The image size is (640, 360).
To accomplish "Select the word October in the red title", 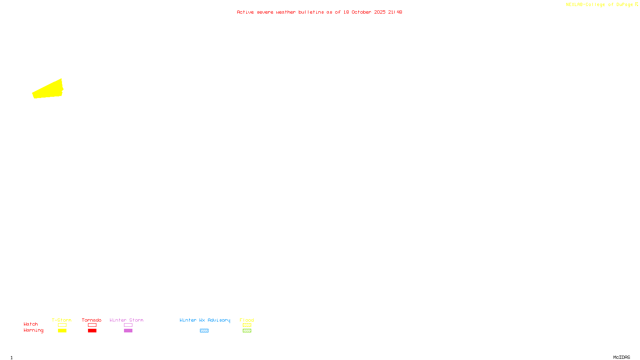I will [361, 12].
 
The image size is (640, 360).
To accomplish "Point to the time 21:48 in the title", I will [395, 12].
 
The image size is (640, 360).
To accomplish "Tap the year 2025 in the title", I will [380, 12].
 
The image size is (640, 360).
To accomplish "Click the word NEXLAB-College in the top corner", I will [585, 5].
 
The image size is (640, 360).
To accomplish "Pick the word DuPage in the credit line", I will [624, 5].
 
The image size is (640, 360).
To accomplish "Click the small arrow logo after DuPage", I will [636, 4].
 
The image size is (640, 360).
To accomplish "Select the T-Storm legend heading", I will [62, 320].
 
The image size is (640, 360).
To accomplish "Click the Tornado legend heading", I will [92, 320].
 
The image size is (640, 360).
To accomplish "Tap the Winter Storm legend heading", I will [126, 320].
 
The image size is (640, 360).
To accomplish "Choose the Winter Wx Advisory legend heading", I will [205, 320].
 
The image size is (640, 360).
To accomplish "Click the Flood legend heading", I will [247, 320].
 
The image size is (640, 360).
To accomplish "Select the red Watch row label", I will [31, 324].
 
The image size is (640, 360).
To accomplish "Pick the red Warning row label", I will [34, 330].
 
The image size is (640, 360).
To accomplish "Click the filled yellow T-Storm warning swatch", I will [62, 331].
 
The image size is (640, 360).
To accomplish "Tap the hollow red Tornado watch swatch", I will [92, 325].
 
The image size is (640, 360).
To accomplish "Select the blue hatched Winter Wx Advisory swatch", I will [204, 331].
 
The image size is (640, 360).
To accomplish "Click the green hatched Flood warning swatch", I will [247, 331].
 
